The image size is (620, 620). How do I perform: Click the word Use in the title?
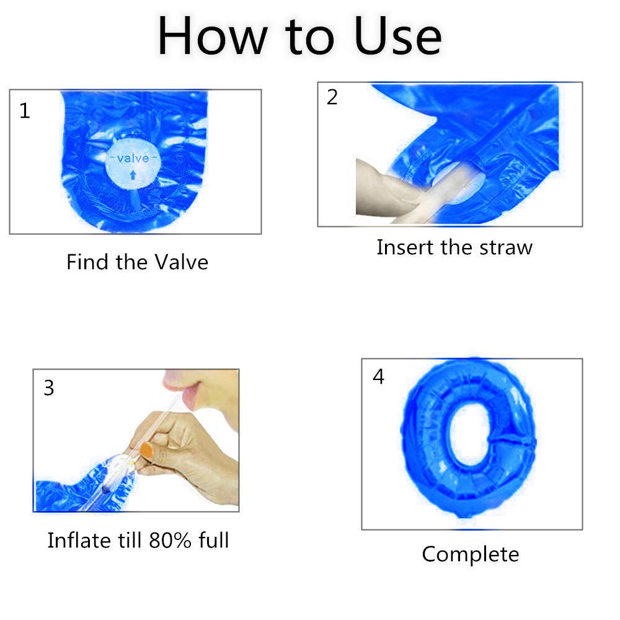tap(397, 37)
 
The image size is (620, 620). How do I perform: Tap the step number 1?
tap(25, 111)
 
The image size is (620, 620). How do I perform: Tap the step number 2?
tap(332, 97)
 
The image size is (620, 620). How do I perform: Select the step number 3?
tap(48, 388)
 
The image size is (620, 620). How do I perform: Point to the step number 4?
tap(378, 376)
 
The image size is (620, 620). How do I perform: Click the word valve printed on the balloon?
tap(133, 158)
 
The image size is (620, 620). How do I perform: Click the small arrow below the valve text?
tap(133, 174)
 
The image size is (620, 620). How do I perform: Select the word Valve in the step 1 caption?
tap(181, 262)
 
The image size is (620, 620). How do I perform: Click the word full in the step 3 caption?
tap(214, 540)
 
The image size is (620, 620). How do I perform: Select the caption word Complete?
tap(471, 555)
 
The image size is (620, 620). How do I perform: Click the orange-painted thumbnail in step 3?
tap(147, 450)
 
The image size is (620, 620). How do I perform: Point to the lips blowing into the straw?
tap(184, 391)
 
